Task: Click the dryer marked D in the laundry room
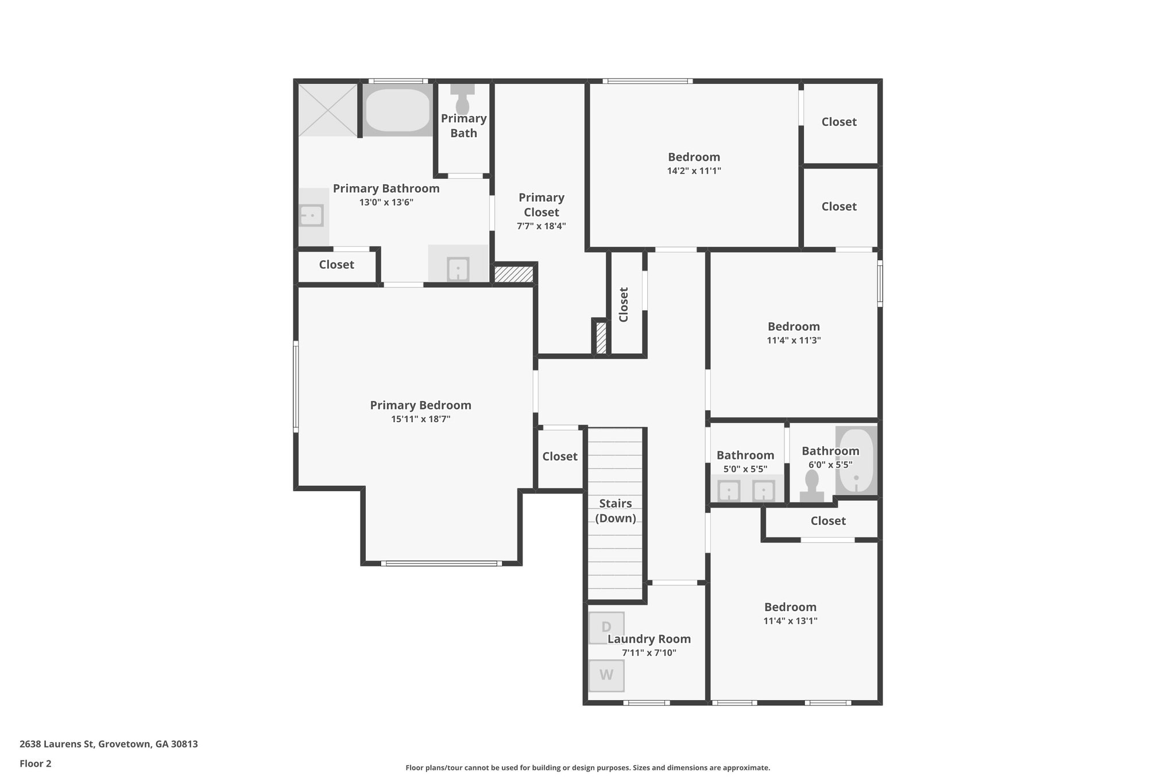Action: click(606, 628)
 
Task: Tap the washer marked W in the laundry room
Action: click(606, 675)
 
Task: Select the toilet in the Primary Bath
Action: click(463, 99)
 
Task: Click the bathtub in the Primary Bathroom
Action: click(397, 110)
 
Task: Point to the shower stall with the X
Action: click(328, 110)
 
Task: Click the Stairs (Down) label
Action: click(616, 511)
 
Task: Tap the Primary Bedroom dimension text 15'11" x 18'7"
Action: click(421, 419)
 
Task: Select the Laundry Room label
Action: click(649, 639)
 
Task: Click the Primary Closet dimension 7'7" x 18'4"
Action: click(541, 226)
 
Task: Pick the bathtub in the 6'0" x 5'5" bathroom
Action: click(856, 461)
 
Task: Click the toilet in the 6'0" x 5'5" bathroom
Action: click(812, 486)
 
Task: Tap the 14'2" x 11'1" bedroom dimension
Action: click(694, 171)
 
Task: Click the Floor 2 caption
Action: click(36, 763)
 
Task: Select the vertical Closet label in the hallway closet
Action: click(624, 304)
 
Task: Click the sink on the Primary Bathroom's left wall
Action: click(312, 216)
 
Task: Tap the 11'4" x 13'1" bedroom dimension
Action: click(791, 621)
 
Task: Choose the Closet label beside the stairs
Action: click(560, 456)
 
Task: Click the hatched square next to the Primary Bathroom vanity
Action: click(514, 273)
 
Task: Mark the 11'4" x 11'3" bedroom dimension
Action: click(794, 340)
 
